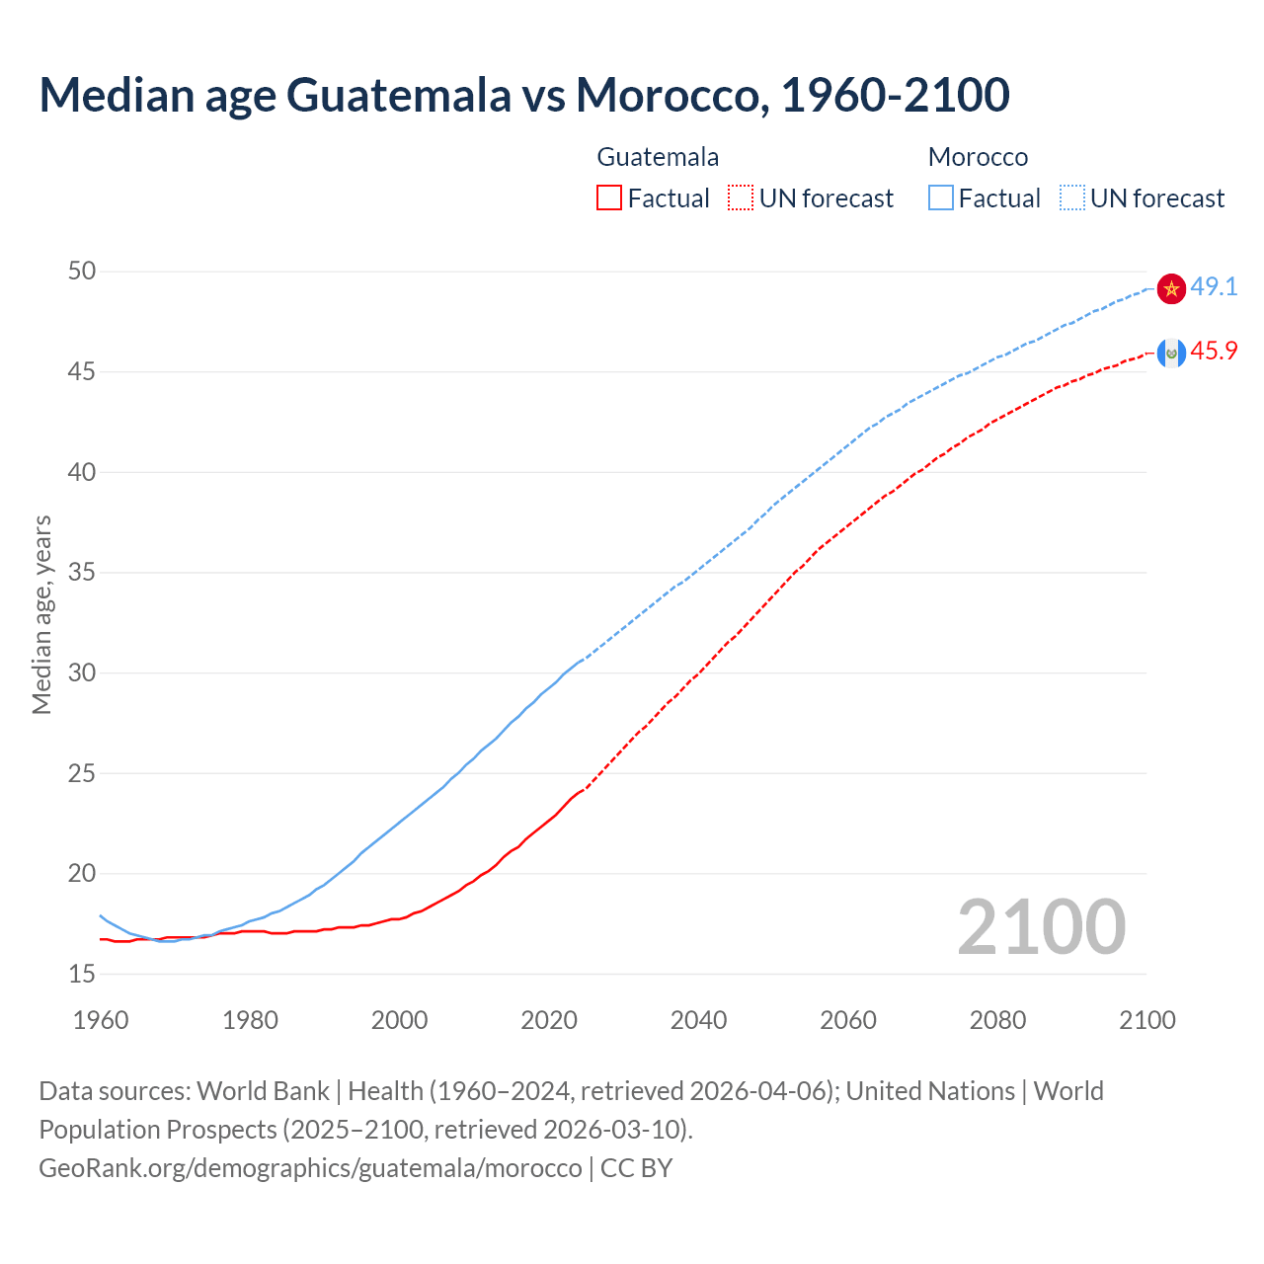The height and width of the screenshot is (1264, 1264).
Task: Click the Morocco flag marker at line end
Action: click(x=1171, y=288)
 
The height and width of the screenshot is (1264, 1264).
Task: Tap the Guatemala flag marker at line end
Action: click(x=1171, y=353)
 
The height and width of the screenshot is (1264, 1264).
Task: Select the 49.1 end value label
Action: click(x=1214, y=287)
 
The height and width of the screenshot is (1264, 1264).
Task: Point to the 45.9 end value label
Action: click(x=1214, y=352)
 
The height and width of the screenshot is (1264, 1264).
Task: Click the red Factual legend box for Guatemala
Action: click(x=609, y=198)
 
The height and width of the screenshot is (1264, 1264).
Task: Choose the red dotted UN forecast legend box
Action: click(x=741, y=198)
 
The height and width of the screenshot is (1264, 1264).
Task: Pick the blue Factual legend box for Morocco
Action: click(x=941, y=198)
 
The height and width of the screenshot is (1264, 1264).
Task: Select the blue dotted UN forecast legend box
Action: click(x=1072, y=198)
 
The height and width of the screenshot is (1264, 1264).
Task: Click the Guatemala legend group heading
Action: click(x=658, y=157)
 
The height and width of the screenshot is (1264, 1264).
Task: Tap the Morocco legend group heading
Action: click(x=978, y=157)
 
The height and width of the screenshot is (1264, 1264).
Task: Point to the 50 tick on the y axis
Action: click(x=82, y=271)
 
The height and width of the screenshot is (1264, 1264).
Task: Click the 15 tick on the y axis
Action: click(x=82, y=974)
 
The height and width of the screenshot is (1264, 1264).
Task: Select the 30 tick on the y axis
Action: click(x=82, y=672)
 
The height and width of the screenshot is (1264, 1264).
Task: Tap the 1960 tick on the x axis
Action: click(x=101, y=1020)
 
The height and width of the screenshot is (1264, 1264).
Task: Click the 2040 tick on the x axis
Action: click(x=698, y=1020)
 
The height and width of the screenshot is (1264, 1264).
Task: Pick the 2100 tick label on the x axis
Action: click(x=1146, y=1020)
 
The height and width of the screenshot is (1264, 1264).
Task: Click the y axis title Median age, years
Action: click(x=41, y=614)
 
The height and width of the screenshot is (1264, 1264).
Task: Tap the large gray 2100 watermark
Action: click(x=1041, y=927)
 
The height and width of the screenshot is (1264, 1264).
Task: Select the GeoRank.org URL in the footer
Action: click(x=310, y=1167)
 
